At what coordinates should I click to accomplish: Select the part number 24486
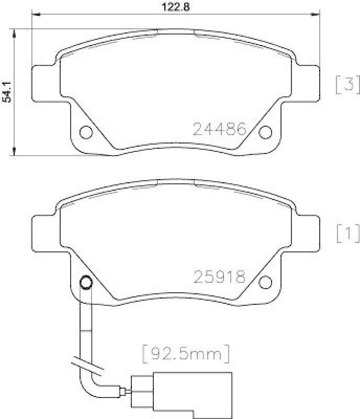click(220, 129)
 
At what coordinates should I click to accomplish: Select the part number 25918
click(220, 277)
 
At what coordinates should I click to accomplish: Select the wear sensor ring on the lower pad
click(85, 283)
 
